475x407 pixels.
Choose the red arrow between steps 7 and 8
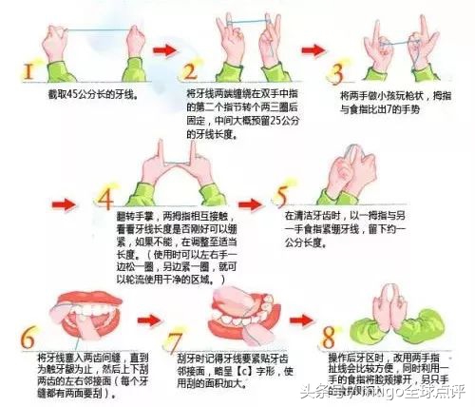click(303, 313)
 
